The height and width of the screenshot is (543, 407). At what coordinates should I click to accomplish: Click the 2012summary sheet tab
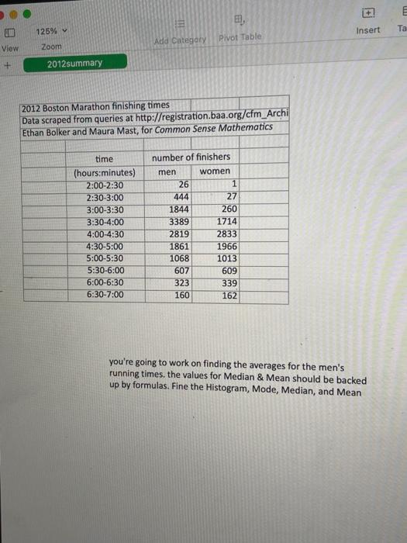74,63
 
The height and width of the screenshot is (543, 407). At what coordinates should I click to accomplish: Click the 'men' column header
167,171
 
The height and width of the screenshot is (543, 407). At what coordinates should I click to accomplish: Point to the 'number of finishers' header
191,157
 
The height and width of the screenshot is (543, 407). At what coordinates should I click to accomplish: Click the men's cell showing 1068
179,258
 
